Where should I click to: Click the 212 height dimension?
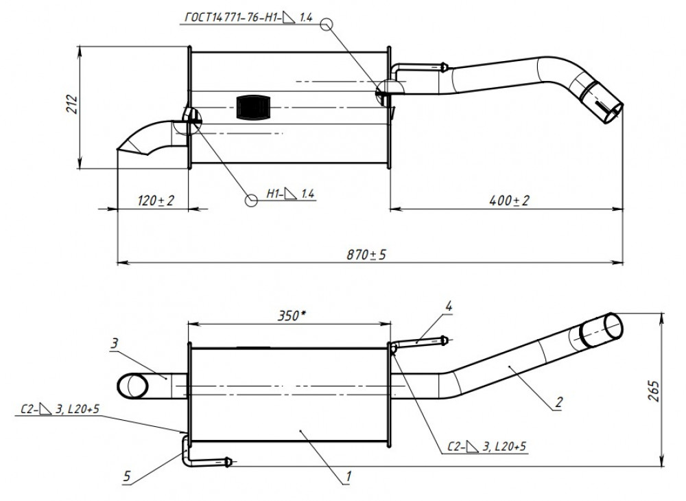tap(72, 104)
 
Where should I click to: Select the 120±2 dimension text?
tap(156, 200)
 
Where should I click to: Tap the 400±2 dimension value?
tap(509, 200)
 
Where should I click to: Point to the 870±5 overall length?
tap(366, 254)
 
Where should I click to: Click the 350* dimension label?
tap(292, 316)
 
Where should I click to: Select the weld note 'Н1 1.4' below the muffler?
tap(290, 194)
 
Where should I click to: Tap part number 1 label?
tap(348, 476)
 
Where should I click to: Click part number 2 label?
tap(558, 401)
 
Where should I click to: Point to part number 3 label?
tap(114, 343)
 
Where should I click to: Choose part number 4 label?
tap(449, 306)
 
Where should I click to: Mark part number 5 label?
tap(127, 476)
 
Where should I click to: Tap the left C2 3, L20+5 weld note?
tap(60, 409)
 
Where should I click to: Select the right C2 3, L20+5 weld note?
tap(487, 447)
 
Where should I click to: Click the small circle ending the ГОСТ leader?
tap(327, 24)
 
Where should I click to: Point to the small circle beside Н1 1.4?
tap(251, 200)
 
